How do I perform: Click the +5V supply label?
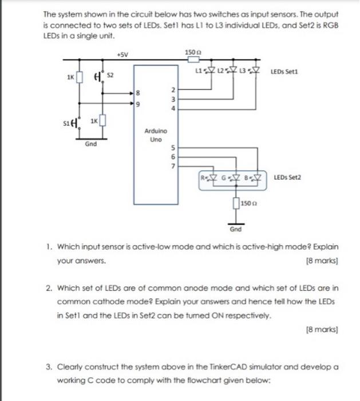121,55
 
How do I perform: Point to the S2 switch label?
112,75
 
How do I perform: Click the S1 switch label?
66,123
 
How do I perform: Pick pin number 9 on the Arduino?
137,104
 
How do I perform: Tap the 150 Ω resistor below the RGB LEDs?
236,203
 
